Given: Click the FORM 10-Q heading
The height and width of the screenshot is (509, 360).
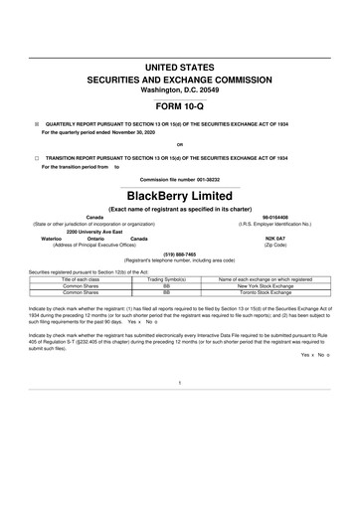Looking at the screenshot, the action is click(180, 104).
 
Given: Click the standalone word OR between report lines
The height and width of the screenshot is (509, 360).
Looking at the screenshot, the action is click(180, 145).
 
